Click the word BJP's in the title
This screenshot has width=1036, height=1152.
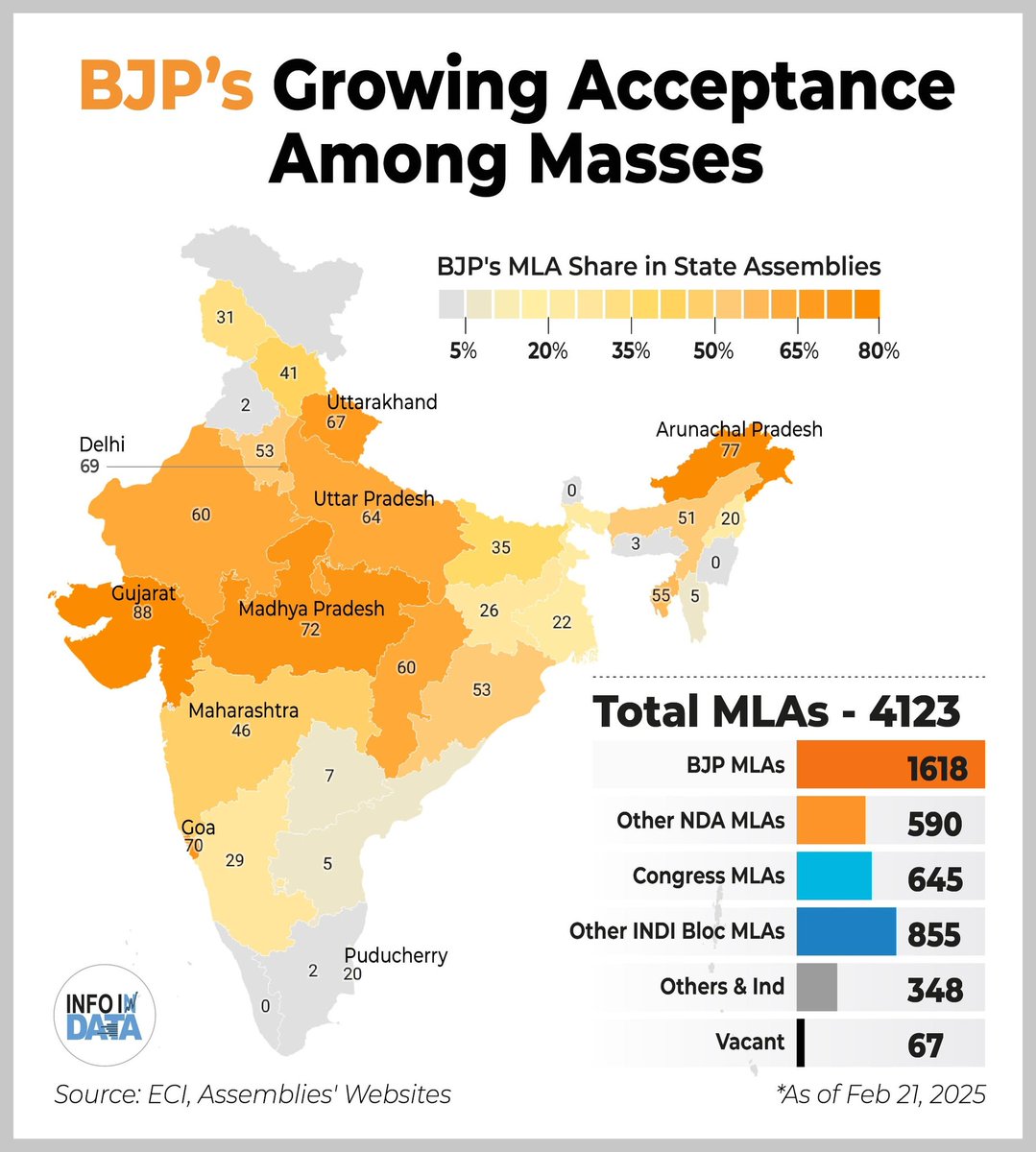point(167,86)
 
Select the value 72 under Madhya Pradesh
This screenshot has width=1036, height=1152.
point(310,630)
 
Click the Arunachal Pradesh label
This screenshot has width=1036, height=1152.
point(738,429)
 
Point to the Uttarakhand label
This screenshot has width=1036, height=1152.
point(381,401)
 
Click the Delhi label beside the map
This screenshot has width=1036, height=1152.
point(103,444)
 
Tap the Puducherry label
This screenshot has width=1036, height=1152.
point(396,956)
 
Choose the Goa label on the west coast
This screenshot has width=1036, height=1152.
point(198,828)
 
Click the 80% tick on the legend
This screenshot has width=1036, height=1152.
point(879,351)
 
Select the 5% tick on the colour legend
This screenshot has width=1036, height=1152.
point(463,351)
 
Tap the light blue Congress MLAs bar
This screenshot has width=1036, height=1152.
point(833,876)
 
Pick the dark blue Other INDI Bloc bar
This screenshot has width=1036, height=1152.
point(846,930)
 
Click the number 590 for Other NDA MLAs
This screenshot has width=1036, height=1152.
point(934,823)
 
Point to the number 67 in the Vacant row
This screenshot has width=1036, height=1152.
point(926,1044)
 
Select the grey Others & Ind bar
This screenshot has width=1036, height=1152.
point(816,987)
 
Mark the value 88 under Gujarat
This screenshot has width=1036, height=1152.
point(143,612)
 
